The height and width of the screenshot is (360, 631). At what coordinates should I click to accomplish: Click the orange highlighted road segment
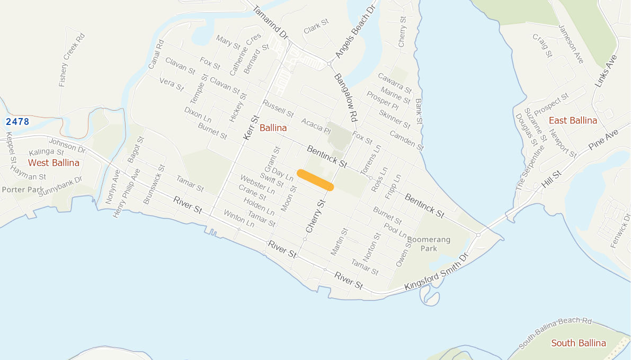coord(315,179)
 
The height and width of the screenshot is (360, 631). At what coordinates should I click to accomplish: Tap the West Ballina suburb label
coord(54,163)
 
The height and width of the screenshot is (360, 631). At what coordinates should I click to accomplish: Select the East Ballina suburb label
coord(573,120)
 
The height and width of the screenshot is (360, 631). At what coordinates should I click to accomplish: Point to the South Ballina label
coord(578,343)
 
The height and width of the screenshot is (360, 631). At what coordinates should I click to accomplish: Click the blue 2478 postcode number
coord(17,122)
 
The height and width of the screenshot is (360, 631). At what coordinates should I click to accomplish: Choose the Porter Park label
coord(23,190)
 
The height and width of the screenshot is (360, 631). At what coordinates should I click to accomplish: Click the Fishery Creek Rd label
coord(72,60)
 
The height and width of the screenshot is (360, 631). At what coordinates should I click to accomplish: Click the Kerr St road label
coord(250,128)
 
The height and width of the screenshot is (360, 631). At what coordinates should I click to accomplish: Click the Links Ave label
coord(607,71)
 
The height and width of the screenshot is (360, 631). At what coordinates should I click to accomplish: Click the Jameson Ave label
coord(571,44)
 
